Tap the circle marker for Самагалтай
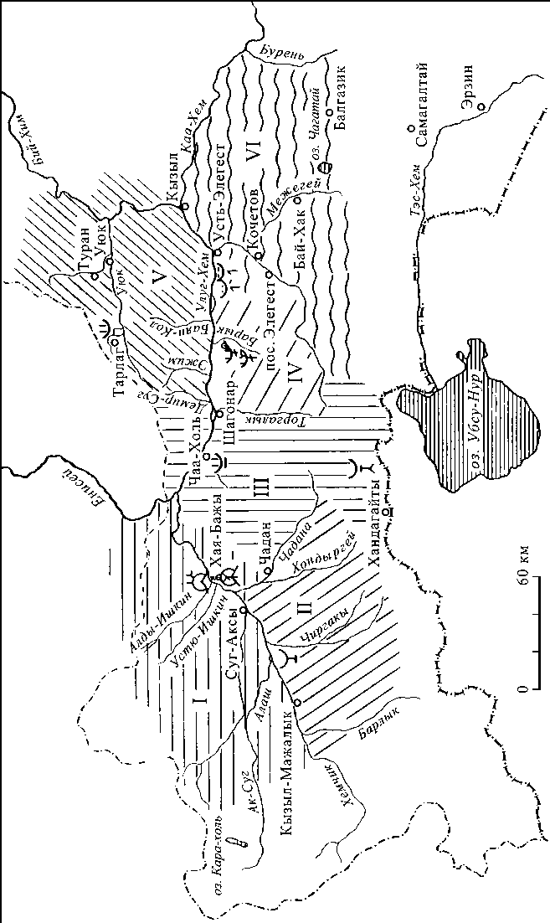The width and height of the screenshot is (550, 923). click(410, 128)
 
